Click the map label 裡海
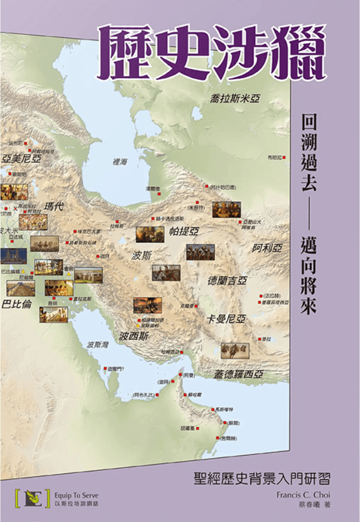[120, 161]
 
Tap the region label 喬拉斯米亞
[235, 98]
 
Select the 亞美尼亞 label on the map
[22, 159]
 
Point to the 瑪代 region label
[54, 206]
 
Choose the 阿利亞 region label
[267, 248]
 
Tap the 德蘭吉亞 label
[227, 281]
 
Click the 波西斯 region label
[134, 336]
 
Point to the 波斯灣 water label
[98, 345]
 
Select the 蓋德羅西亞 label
[238, 374]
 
